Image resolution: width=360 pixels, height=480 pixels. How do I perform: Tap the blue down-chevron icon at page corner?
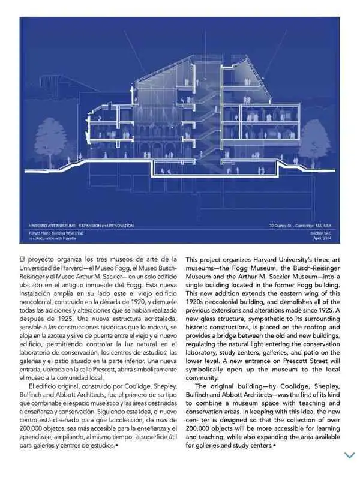(349, 455)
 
